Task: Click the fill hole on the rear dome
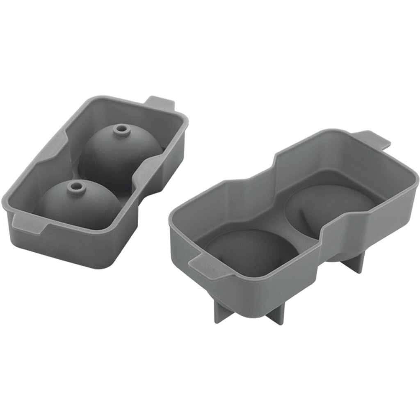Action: click(120, 130)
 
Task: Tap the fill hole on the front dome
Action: click(75, 187)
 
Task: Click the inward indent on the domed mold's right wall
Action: click(142, 180)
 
